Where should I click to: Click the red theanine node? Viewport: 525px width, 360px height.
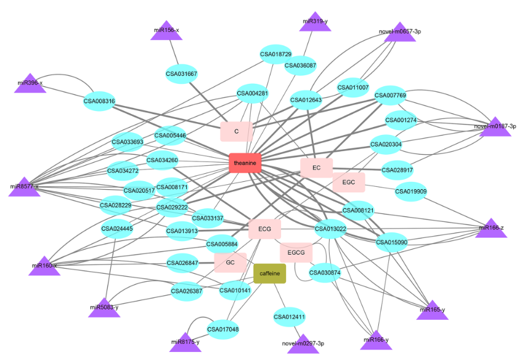[x=245, y=163]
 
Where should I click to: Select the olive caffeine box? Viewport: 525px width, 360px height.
[x=270, y=273]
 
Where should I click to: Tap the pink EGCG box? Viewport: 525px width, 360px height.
[x=296, y=252]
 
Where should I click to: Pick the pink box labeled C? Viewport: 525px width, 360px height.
[x=237, y=131]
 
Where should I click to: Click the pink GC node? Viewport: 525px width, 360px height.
[x=230, y=263]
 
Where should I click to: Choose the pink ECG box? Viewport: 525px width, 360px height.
[x=265, y=229]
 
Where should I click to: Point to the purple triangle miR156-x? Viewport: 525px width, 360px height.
[x=166, y=31]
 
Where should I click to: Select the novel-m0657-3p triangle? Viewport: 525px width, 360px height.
[x=399, y=33]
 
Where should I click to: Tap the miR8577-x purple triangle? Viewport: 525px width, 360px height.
[x=25, y=187]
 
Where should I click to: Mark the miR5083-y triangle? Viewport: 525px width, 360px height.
[x=104, y=308]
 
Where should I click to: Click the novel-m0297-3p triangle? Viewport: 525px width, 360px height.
[x=303, y=344]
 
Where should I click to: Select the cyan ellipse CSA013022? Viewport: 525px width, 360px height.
[x=331, y=229]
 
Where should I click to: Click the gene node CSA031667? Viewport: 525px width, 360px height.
[x=181, y=74]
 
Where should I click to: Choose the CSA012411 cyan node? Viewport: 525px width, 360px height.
[x=290, y=317]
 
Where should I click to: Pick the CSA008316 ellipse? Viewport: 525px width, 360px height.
[x=99, y=101]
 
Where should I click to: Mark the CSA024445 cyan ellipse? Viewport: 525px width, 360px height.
[x=117, y=229]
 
